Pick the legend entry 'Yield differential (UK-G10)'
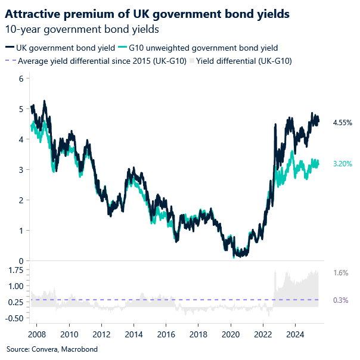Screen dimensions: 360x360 tap(244, 60)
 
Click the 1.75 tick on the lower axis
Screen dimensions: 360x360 tap(15, 270)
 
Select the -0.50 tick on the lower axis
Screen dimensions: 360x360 tap(14, 318)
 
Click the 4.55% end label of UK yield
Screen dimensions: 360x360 tap(342, 122)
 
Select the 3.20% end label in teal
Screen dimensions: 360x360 tap(342, 163)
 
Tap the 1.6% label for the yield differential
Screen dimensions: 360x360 tap(340, 272)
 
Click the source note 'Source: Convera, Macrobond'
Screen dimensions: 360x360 tap(52, 349)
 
